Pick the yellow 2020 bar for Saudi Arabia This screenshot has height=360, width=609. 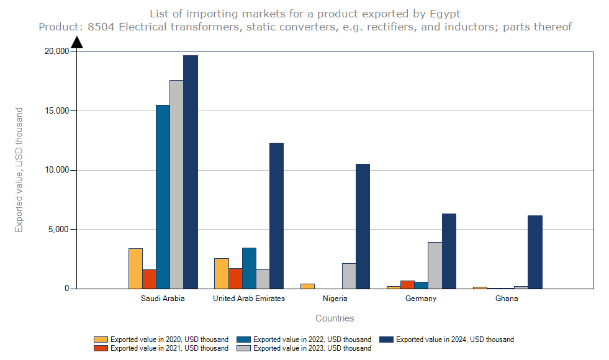(135, 268)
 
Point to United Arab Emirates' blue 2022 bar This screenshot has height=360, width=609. (249, 268)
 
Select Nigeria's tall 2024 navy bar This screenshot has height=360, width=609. (363, 226)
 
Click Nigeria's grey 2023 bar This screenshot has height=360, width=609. (349, 276)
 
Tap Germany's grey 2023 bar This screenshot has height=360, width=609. (435, 265)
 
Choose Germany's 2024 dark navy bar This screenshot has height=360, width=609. (449, 251)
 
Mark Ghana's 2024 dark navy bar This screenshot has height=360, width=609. (535, 252)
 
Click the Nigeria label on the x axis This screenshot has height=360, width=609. (335, 299)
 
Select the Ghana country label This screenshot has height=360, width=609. (507, 299)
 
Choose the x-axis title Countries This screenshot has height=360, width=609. (335, 318)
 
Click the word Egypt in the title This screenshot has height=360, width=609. (444, 14)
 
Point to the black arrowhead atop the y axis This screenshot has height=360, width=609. (77, 42)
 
